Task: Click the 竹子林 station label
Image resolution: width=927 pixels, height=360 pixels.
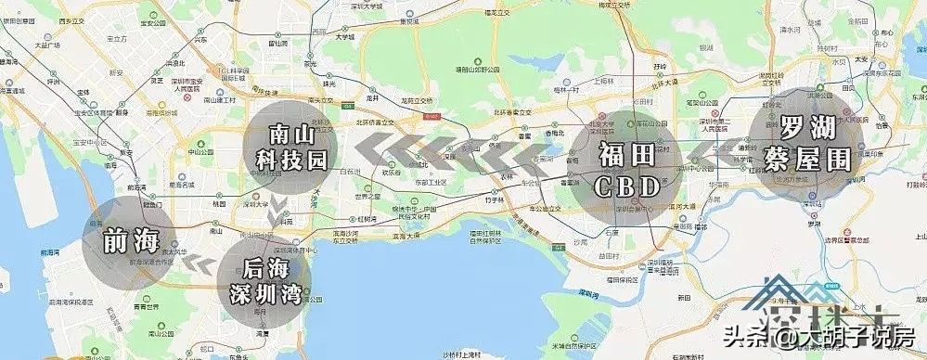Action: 492,199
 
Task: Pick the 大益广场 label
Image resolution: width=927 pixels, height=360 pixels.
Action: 45,45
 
